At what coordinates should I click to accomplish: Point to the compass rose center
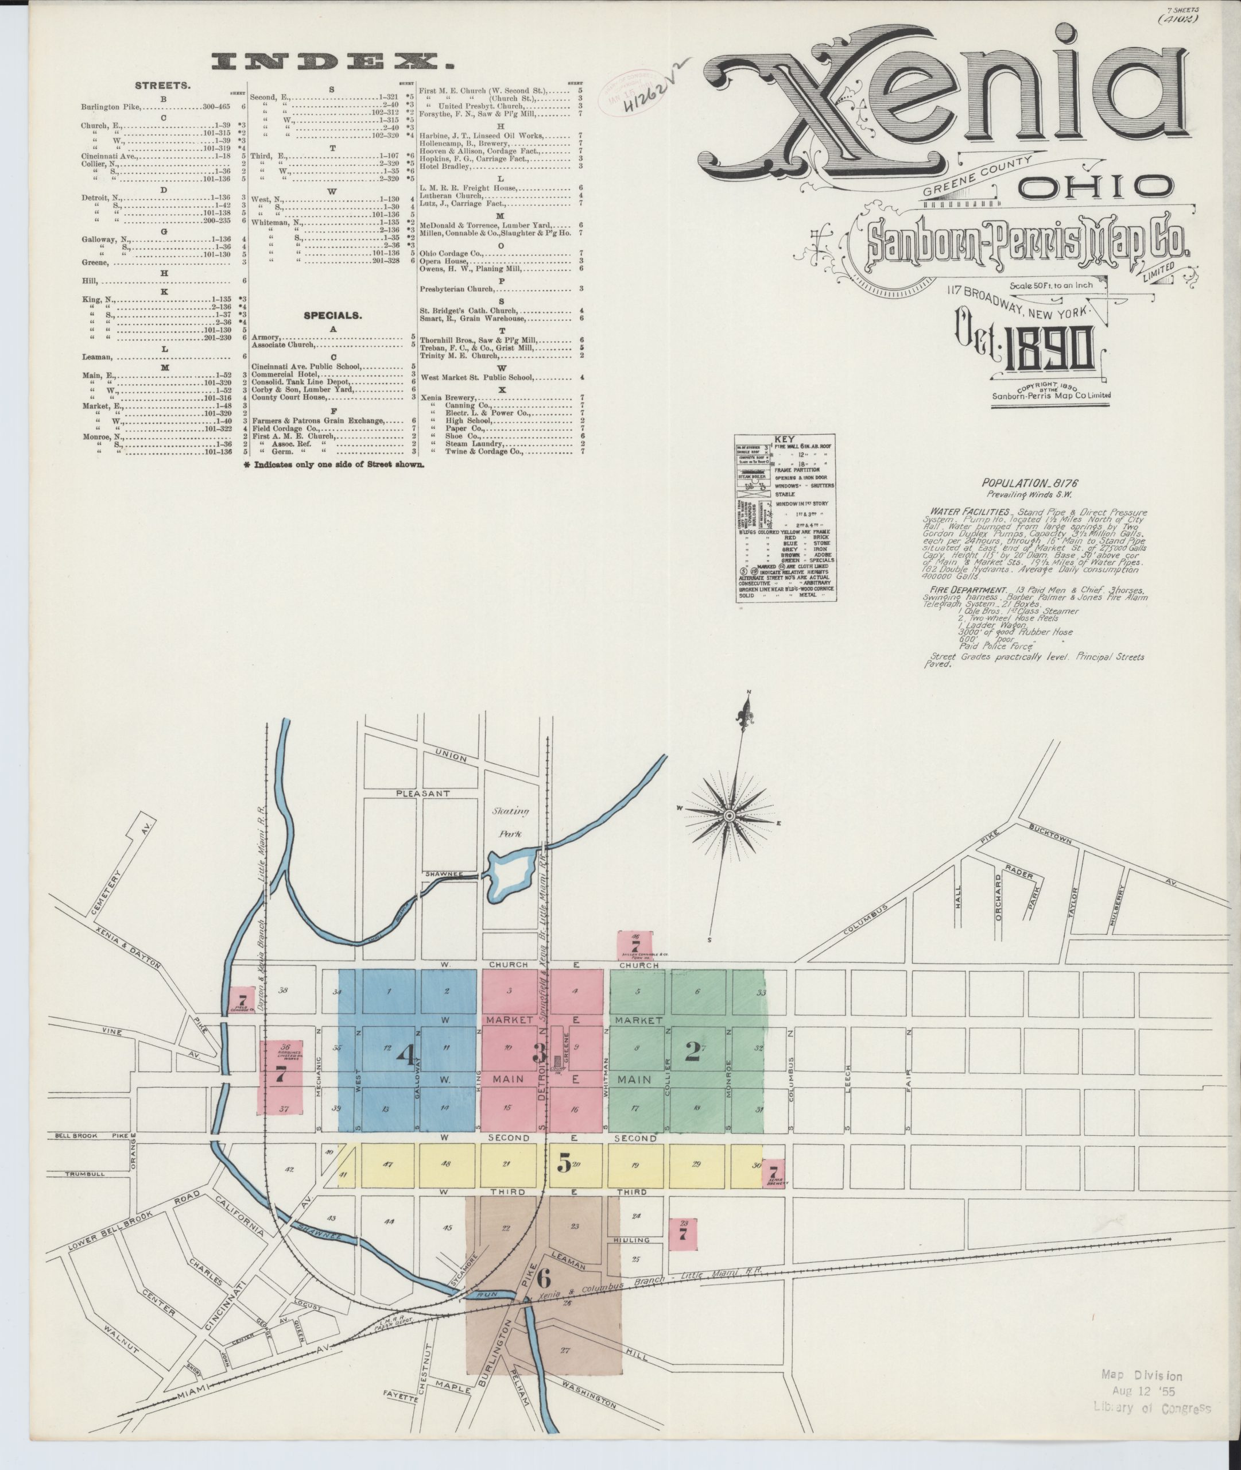[x=730, y=815]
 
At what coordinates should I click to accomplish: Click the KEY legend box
[x=785, y=517]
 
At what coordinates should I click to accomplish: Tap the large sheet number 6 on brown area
[x=543, y=1274]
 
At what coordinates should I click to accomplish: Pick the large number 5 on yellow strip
[x=564, y=1164]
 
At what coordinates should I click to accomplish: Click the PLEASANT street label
[x=421, y=793]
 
